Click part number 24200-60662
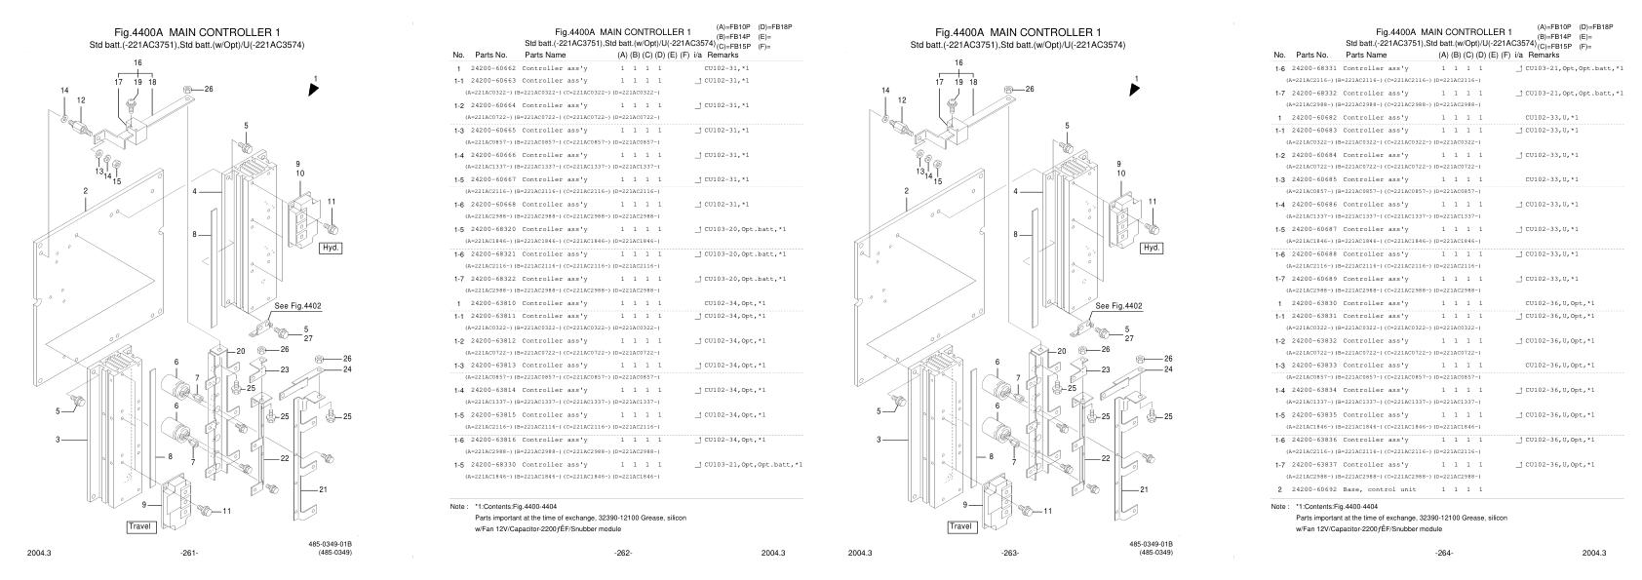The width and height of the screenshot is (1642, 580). point(493,69)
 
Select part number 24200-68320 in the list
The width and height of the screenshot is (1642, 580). point(493,229)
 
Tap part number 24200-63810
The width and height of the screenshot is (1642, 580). point(493,303)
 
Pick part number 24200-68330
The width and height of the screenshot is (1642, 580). point(493,464)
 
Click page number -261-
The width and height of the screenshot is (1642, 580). point(189,554)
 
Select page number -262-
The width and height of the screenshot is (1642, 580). point(622,554)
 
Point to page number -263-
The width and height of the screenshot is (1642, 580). point(1010,554)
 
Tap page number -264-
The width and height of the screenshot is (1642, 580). point(1443,554)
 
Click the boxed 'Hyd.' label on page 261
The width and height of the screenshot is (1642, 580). point(331,248)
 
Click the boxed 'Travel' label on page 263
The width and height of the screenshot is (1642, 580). point(961,526)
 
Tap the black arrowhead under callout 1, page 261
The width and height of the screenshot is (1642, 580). point(313,89)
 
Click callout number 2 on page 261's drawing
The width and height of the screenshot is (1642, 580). point(86,191)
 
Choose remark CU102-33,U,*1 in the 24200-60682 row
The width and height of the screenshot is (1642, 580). point(1551,118)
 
